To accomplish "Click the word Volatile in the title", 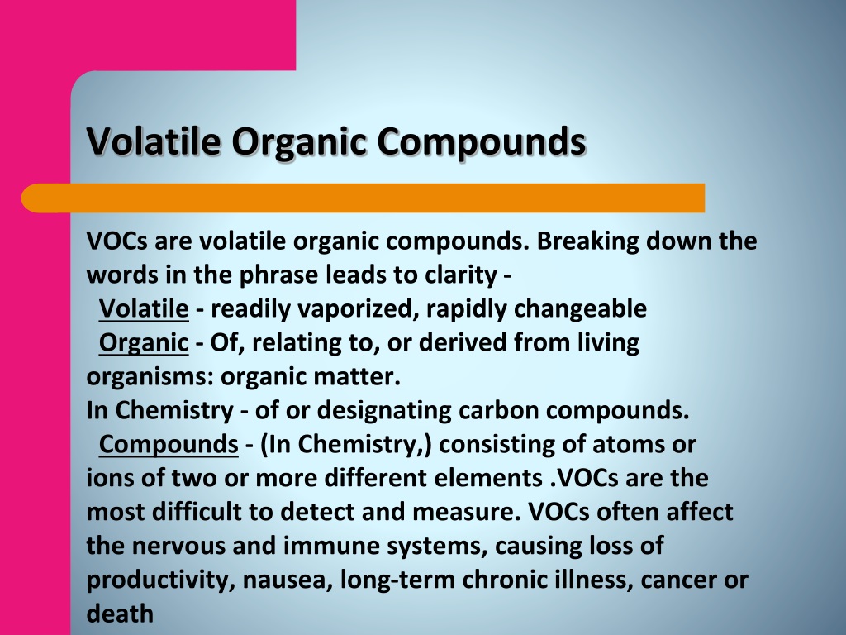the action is pyautogui.click(x=154, y=141).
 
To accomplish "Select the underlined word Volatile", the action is pyautogui.click(x=144, y=308).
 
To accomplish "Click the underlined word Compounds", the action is pyautogui.click(x=169, y=445).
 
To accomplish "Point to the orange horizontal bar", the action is pyautogui.click(x=364, y=198).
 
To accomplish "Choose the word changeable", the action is pyautogui.click(x=580, y=309).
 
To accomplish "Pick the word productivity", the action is pyautogui.click(x=160, y=580).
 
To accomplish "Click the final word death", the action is pyautogui.click(x=120, y=614).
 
